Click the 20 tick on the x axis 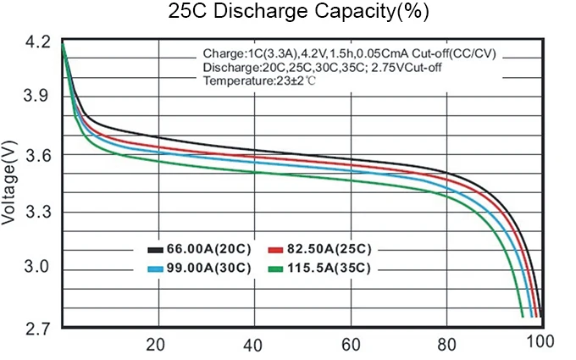pyautogui.click(x=155, y=344)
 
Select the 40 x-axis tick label pyautogui.click(x=252, y=344)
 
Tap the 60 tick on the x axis pyautogui.click(x=349, y=344)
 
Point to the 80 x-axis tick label pyautogui.click(x=445, y=344)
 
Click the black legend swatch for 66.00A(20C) pyautogui.click(x=155, y=251)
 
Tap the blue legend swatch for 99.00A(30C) pyautogui.click(x=155, y=269)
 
